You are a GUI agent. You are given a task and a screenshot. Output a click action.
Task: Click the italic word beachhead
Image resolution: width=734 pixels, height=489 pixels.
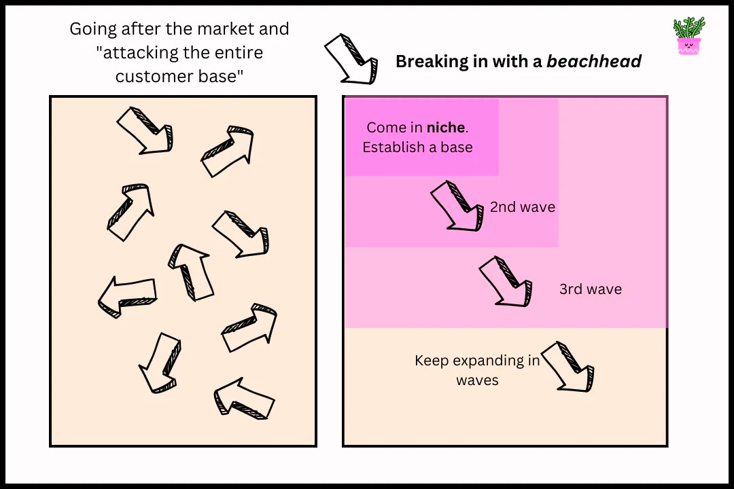pos(594,62)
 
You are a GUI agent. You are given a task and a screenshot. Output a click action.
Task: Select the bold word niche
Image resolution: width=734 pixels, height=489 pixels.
pos(446,128)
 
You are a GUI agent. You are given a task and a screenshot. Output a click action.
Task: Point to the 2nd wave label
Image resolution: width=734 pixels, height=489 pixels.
pos(523,208)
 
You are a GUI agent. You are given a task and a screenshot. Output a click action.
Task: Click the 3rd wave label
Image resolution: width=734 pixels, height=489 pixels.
pos(590,289)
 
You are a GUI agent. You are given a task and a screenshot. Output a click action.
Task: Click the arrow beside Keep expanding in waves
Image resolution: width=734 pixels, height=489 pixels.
pos(568,367)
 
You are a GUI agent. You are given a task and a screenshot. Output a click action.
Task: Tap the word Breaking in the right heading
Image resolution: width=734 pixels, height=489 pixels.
pos(428,62)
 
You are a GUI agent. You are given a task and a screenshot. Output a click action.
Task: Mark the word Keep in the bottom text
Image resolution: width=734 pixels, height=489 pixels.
pos(432,361)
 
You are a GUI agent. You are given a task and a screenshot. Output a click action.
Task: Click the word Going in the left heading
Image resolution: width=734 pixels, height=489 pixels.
pos(93,30)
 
